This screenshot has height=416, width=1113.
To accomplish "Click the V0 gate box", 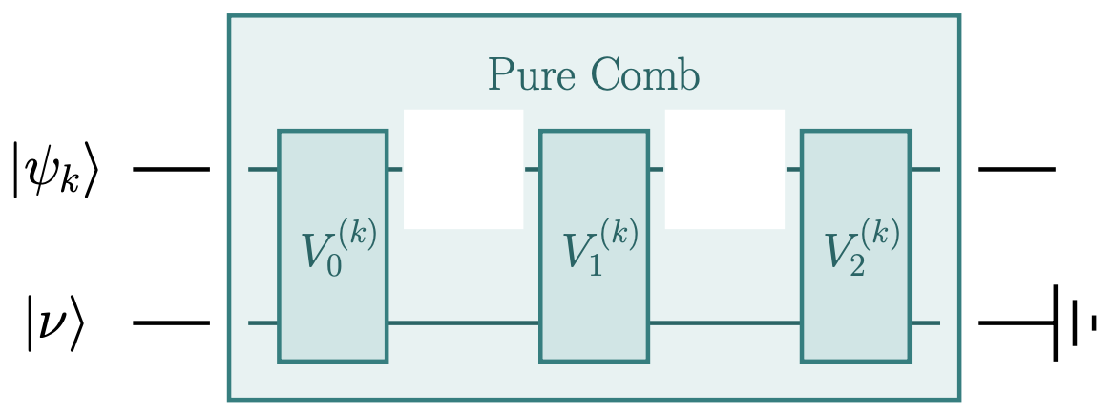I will tap(332, 246).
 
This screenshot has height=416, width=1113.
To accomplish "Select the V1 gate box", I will tap(594, 246).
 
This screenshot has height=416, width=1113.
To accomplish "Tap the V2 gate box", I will tap(855, 246).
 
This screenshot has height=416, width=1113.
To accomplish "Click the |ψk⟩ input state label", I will tap(56, 171).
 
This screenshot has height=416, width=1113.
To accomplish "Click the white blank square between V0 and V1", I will tap(464, 169).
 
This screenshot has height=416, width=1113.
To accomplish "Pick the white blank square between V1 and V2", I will tap(724, 169).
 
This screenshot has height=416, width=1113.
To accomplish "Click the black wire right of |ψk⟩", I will tap(171, 170).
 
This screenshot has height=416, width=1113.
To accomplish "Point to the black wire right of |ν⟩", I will tap(171, 323).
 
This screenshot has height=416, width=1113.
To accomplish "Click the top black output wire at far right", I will tap(1017, 170).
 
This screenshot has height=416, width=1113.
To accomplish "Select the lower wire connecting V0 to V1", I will tap(464, 323).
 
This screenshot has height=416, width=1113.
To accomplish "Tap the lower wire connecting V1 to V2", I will tap(724, 323).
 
